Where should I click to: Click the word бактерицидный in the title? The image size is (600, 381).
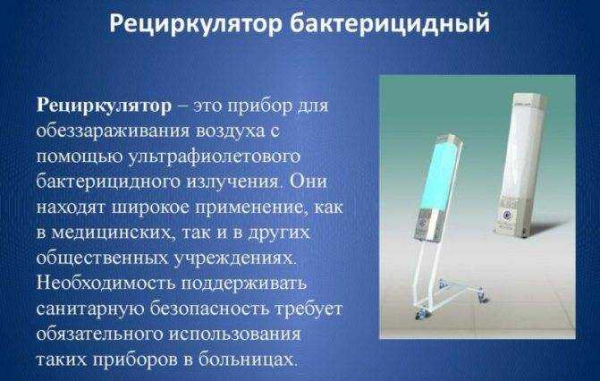(x=390, y=24)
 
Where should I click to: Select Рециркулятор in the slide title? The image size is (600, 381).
(x=196, y=24)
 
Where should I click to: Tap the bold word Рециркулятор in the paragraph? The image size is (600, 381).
(x=104, y=106)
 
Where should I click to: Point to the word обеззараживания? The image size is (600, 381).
(x=113, y=131)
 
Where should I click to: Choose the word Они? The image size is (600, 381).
(x=308, y=182)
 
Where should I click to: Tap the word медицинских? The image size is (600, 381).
(x=113, y=233)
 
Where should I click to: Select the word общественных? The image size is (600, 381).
(x=103, y=258)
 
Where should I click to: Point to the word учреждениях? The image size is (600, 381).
(x=235, y=258)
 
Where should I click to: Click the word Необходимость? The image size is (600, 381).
(x=106, y=284)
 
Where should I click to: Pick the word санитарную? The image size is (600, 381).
(x=90, y=309)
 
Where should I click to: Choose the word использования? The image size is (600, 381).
(x=234, y=334)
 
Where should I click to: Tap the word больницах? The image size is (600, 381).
(x=248, y=360)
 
